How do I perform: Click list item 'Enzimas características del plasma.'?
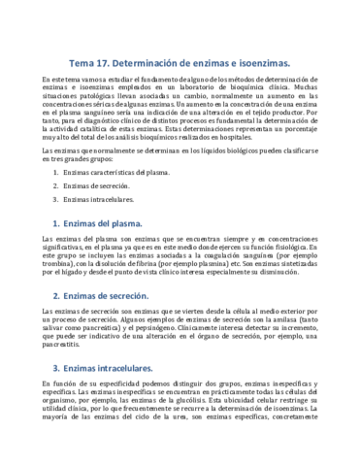tap(133, 171)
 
